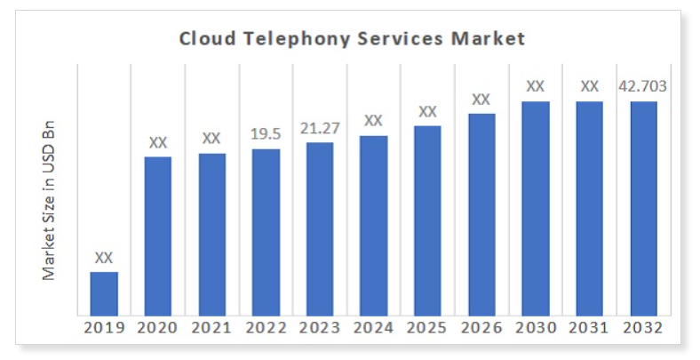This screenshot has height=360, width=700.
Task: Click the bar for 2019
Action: click(x=104, y=292)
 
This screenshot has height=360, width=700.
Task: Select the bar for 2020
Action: click(x=158, y=236)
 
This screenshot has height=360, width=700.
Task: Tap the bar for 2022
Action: click(x=266, y=231)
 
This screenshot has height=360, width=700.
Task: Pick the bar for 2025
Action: click(x=427, y=220)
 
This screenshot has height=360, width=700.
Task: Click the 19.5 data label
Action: click(x=266, y=133)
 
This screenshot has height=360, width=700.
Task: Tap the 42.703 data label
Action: click(x=643, y=86)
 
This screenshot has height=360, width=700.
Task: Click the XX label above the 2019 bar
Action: click(x=104, y=257)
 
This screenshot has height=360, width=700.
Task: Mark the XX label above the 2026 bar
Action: click(x=481, y=99)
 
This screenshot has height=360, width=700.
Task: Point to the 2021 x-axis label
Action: click(x=211, y=328)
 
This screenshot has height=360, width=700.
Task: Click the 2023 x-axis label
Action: click(x=320, y=328)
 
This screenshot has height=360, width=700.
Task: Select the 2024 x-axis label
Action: click(x=373, y=328)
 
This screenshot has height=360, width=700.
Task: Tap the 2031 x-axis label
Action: click(x=589, y=328)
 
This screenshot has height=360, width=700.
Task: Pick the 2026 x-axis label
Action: click(x=481, y=328)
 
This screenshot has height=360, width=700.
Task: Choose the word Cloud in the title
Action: click(x=205, y=39)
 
